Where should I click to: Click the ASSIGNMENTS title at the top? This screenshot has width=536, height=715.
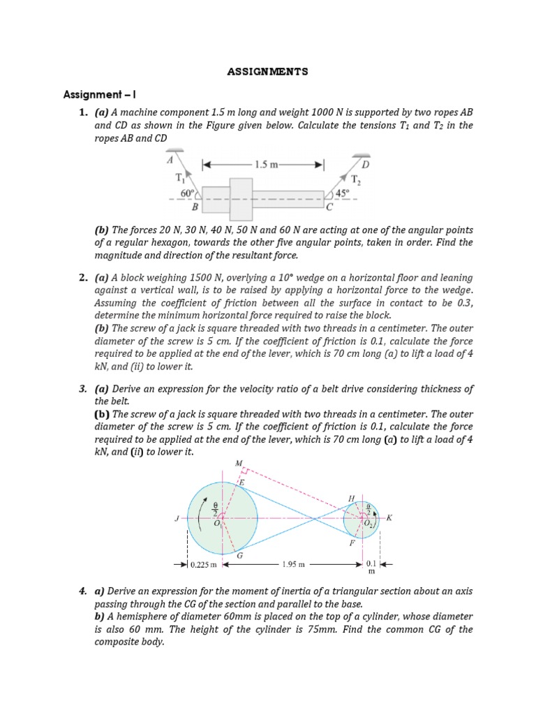268,71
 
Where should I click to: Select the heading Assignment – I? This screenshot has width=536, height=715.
103,94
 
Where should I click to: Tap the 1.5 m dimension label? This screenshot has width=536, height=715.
264,165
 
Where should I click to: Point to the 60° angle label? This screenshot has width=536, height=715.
186,193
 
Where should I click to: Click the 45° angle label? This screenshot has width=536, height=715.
342,193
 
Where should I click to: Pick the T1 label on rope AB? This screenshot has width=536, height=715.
179,178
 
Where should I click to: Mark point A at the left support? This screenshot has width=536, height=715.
170,159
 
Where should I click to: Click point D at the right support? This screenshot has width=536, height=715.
365,163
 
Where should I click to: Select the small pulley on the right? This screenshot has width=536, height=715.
362,519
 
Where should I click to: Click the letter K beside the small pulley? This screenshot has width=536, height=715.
389,518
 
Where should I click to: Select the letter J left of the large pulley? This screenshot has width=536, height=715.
177,519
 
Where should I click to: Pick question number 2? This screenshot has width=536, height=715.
82,278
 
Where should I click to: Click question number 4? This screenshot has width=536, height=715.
82,591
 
